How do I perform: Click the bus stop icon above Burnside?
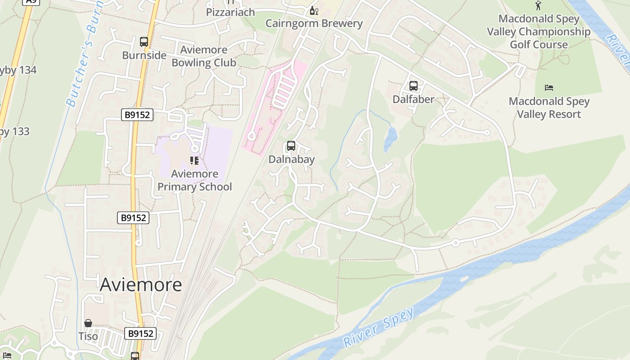[x=144, y=42]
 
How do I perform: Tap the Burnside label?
[x=144, y=55]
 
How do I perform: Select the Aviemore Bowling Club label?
[x=203, y=56]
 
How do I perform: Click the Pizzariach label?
[x=230, y=12]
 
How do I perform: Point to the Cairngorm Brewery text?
[x=314, y=23]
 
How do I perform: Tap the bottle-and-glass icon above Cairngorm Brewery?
[x=314, y=11]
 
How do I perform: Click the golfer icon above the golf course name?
[x=538, y=6]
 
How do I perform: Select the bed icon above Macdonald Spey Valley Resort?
[x=549, y=88]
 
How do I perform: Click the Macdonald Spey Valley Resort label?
[x=549, y=108]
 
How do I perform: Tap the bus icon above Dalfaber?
[x=413, y=86]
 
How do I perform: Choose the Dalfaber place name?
[x=413, y=99]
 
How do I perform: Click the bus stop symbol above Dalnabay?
[x=291, y=146]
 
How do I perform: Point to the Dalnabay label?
[x=291, y=159]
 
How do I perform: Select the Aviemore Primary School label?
[x=194, y=180]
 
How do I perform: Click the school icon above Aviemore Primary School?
[x=194, y=161]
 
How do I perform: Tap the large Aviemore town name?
[x=140, y=284]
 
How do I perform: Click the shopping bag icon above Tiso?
[x=88, y=324]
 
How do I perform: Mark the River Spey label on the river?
[x=378, y=327]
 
